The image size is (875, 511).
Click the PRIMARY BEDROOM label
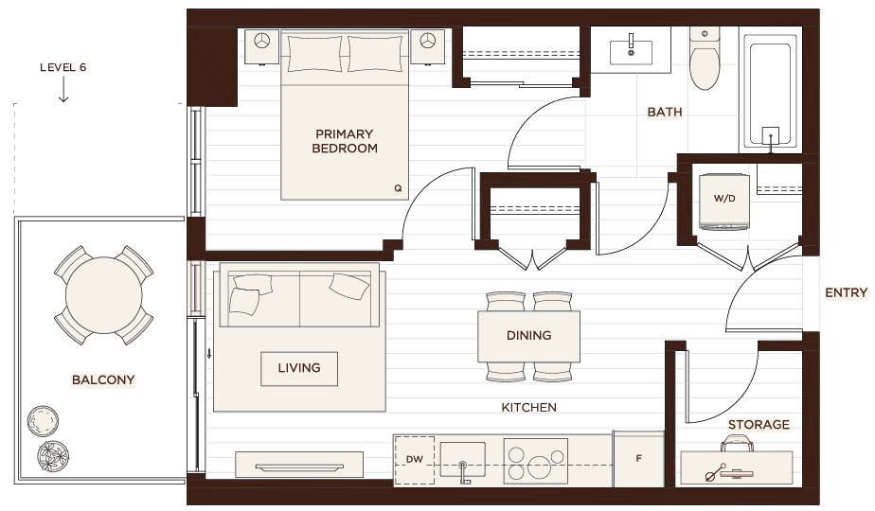(x=345, y=141)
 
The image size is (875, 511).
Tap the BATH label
(x=665, y=112)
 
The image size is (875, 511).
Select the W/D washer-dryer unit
(x=724, y=202)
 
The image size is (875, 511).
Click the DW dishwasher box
(x=414, y=460)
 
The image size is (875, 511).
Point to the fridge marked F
(x=639, y=459)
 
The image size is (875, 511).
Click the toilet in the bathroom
(x=705, y=58)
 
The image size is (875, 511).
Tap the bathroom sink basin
(x=631, y=52)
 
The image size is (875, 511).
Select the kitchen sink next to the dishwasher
(x=463, y=460)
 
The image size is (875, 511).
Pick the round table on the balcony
(x=104, y=295)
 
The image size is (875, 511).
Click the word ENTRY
(x=846, y=292)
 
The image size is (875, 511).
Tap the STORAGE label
(x=759, y=425)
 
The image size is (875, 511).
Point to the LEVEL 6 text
(x=63, y=67)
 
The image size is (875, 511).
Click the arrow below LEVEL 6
(x=63, y=89)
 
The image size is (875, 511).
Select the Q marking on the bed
(x=398, y=188)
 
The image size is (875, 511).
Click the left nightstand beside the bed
(x=261, y=47)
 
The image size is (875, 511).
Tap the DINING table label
(x=528, y=335)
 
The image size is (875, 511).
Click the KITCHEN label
(x=528, y=408)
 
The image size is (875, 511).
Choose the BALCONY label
(x=103, y=379)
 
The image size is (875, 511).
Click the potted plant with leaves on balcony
(x=53, y=456)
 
